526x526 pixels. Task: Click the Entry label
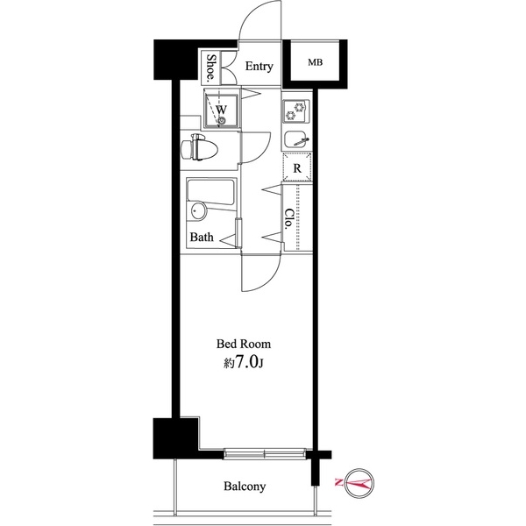[259, 67]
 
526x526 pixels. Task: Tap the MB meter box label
[314, 63]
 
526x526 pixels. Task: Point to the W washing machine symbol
[223, 109]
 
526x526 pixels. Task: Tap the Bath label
[202, 237]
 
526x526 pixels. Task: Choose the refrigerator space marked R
[298, 167]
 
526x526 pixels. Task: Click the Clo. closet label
[288, 218]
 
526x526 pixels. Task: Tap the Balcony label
[245, 486]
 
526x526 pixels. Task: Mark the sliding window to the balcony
[267, 453]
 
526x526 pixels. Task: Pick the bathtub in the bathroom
[210, 196]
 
